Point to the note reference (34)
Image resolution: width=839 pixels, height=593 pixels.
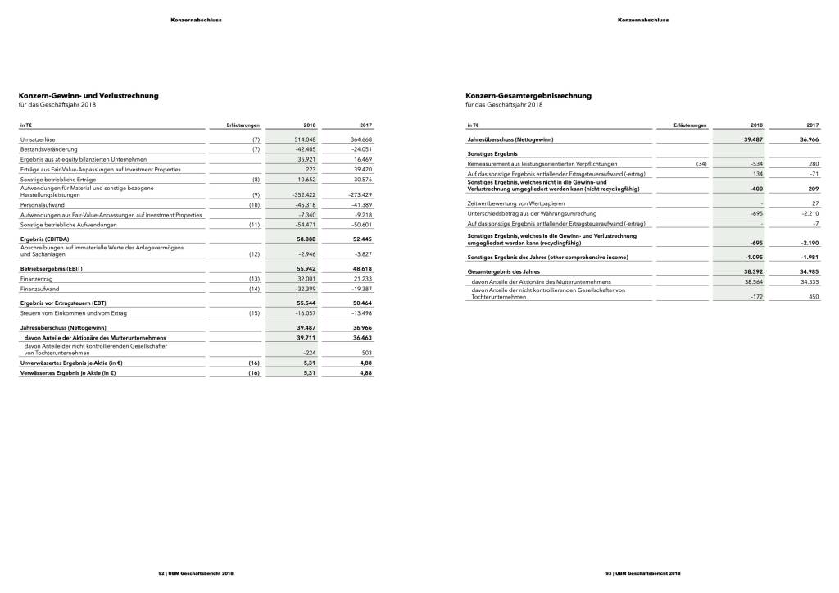(x=701, y=164)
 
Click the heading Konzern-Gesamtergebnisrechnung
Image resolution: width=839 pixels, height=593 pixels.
(x=528, y=96)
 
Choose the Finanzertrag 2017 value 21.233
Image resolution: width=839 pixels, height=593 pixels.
(x=361, y=279)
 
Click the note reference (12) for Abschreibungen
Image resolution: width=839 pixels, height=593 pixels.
(x=256, y=255)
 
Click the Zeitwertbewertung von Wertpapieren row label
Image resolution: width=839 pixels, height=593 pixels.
(x=515, y=203)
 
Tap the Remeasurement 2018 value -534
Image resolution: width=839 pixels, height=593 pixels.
(x=756, y=164)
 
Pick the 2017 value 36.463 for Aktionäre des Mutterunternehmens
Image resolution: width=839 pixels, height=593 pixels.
(x=361, y=337)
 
